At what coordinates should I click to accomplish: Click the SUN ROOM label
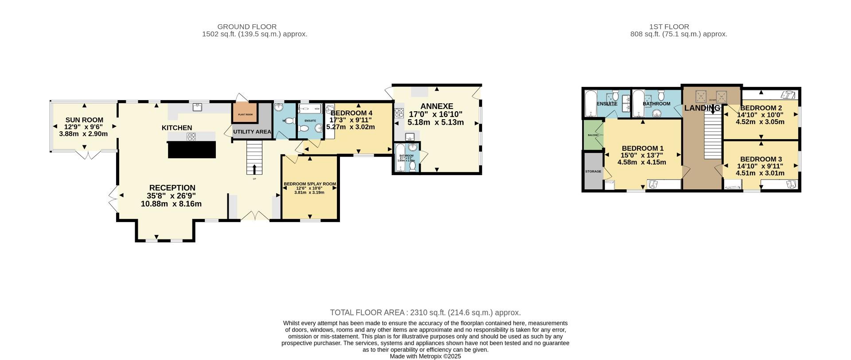[x=84, y=120]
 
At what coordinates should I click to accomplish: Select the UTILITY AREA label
[x=252, y=132]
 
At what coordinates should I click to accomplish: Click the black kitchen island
[x=192, y=149]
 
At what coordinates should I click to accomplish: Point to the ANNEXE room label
[x=437, y=106]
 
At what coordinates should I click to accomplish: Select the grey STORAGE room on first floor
[x=593, y=171]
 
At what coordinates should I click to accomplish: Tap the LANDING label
[x=702, y=108]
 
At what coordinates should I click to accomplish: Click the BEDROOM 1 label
[x=642, y=148]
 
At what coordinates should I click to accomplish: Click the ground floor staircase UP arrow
[x=254, y=169]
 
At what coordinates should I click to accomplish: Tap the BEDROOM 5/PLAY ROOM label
[x=309, y=184]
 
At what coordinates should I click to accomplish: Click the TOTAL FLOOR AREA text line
[x=425, y=313]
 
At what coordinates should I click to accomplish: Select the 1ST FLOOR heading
[x=678, y=27]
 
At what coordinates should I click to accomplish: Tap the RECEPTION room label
[x=172, y=188]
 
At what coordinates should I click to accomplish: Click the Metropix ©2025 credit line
[x=425, y=356]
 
